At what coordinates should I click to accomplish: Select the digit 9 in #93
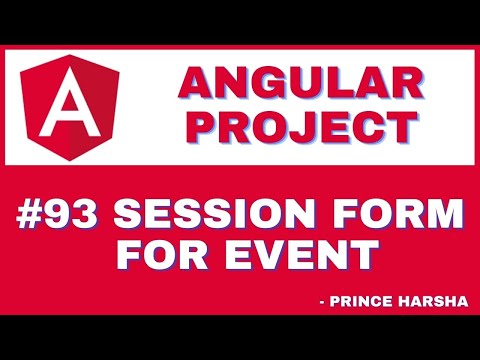pyautogui.click(x=65, y=214)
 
